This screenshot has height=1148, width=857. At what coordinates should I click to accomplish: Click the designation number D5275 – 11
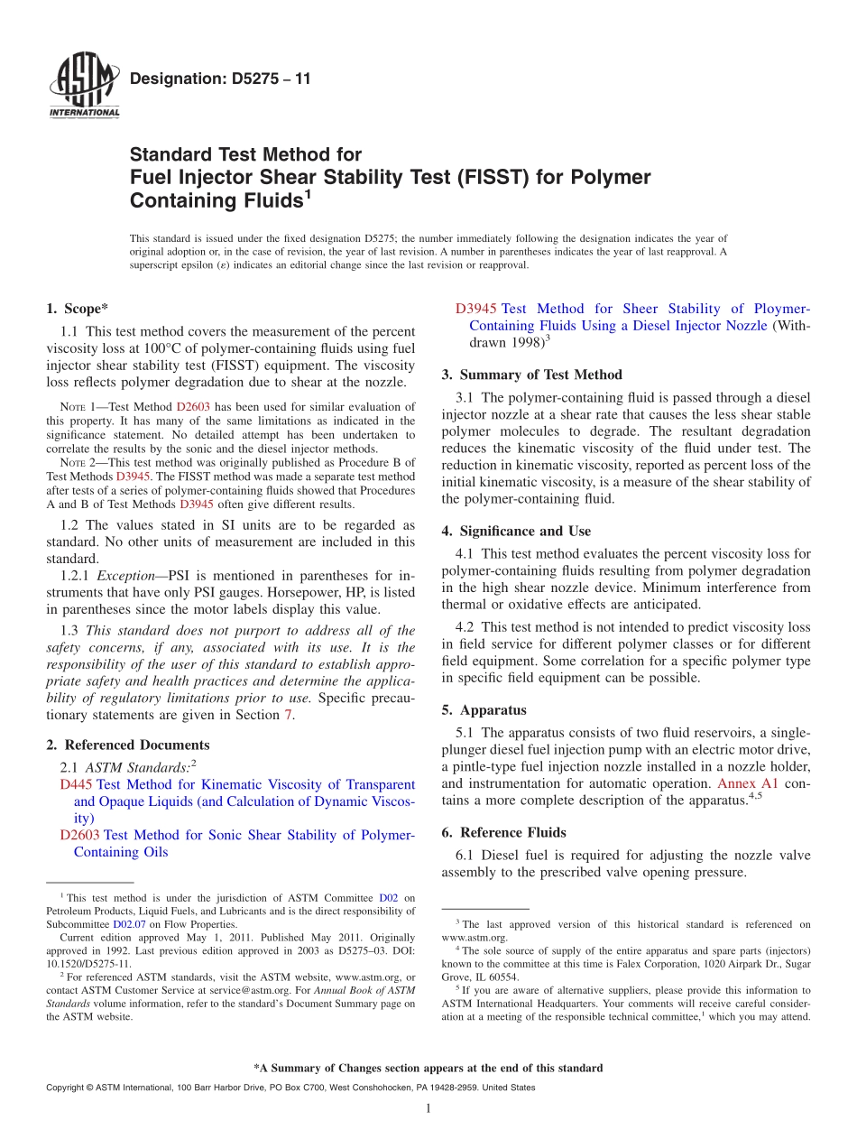tap(220, 79)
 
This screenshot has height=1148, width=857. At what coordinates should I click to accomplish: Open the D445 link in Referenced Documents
tap(76, 784)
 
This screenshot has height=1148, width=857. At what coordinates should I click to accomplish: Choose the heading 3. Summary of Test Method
tap(531, 375)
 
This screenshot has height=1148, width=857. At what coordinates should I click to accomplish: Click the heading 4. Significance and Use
tap(516, 532)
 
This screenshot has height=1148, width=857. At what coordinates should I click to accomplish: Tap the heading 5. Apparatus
tap(484, 710)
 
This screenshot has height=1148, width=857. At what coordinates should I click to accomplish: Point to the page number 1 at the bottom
tap(428, 1108)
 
